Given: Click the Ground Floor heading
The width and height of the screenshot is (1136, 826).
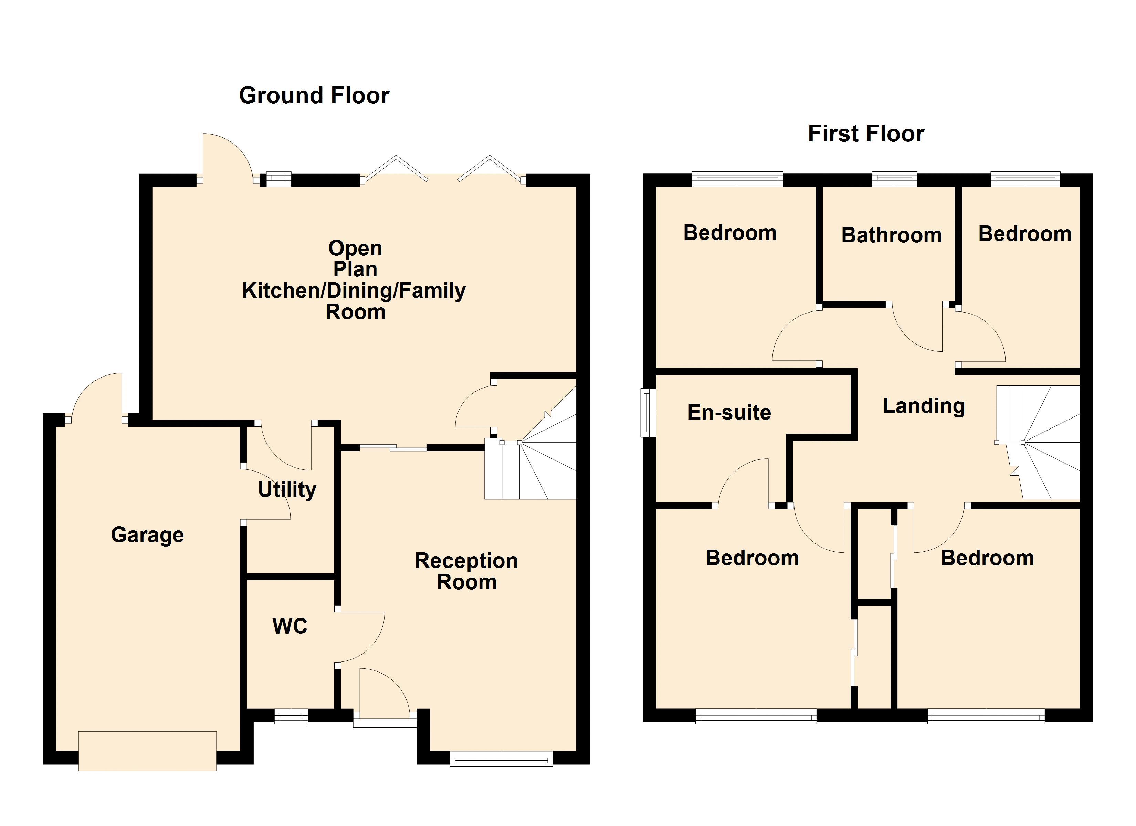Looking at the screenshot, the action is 314,95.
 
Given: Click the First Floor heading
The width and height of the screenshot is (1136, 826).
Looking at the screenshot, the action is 866,134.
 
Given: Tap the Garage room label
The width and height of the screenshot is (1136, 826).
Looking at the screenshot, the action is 147,535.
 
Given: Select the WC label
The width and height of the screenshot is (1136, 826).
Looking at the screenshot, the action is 290,626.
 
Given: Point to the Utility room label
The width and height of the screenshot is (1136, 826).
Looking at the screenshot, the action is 287,489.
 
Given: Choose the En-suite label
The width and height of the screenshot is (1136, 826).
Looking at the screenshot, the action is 729,412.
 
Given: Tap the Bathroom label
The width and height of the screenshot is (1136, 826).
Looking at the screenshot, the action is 892,235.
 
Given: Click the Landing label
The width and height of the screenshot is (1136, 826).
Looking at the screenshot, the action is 924,406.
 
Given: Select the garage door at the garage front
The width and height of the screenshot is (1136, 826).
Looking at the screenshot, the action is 148,750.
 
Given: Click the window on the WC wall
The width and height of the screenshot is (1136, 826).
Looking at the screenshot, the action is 291,716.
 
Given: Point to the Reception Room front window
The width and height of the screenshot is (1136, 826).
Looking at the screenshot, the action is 501,759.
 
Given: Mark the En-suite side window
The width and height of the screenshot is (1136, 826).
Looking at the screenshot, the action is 649,413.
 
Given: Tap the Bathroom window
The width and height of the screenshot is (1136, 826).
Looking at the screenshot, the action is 895,179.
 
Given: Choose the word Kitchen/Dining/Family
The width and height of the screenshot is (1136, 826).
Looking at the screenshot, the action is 354,290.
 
